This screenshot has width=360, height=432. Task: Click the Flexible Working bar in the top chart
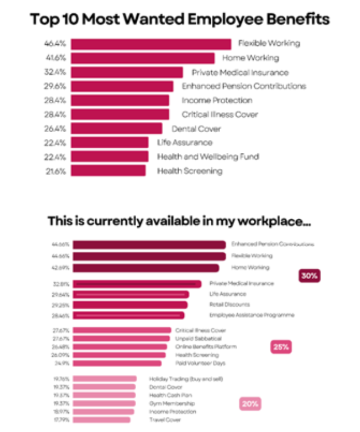(150, 44)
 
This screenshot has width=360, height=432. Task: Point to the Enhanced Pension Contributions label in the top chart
(243, 86)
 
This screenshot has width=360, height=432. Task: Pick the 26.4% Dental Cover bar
(116, 129)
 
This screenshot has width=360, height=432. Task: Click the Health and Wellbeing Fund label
(208, 157)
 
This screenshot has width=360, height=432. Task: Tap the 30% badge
(309, 276)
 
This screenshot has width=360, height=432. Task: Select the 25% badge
(281, 347)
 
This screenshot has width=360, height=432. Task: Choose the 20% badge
(250, 404)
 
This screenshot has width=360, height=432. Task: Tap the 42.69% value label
(61, 268)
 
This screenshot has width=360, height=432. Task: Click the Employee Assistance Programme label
(251, 315)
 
